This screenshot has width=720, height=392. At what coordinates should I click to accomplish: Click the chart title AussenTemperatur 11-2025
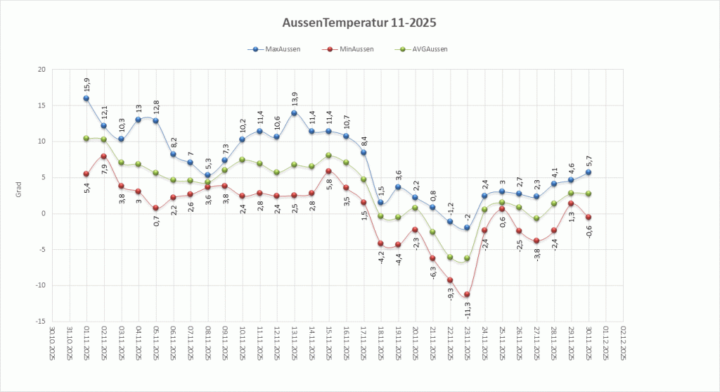[359, 23]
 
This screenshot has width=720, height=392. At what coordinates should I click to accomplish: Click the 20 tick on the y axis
[41, 70]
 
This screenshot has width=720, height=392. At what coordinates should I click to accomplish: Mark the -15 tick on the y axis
[39, 321]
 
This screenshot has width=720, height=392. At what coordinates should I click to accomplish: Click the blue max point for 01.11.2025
[86, 99]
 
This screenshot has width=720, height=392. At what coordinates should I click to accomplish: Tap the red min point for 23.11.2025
[467, 294]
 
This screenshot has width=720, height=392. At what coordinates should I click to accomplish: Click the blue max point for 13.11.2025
[294, 113]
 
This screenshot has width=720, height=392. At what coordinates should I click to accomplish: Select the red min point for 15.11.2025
[328, 171]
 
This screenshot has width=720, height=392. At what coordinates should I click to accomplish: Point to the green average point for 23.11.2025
[467, 258]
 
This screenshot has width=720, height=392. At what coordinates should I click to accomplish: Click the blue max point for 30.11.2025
[588, 172]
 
